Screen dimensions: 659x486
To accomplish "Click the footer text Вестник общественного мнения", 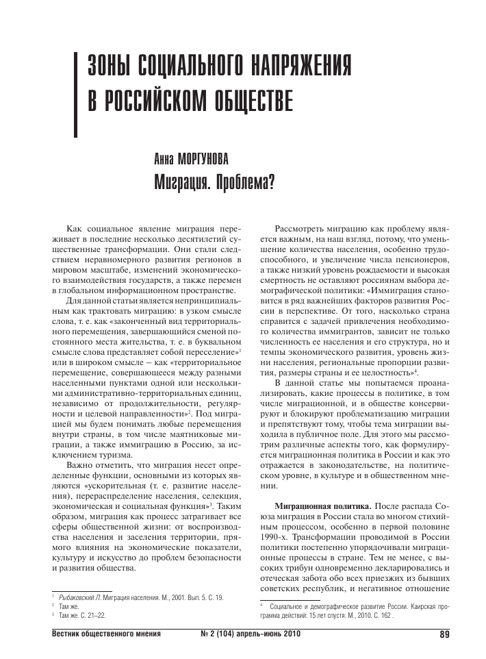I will pos(107,634).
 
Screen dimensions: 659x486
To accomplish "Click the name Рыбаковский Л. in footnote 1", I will pos(84,597).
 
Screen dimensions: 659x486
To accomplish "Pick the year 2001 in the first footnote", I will pos(180,597).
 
